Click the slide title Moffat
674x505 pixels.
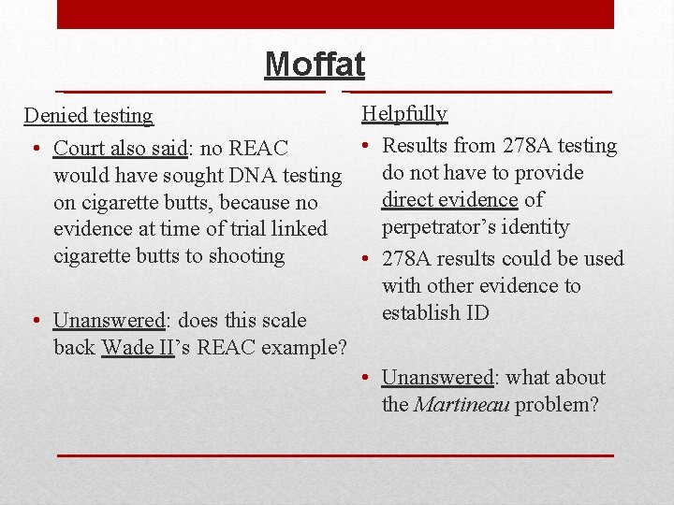[x=315, y=64]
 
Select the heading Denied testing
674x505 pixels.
[x=88, y=116]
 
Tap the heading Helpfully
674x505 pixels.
[x=404, y=114]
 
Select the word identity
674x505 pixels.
[x=535, y=227]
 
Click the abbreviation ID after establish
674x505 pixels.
[x=476, y=313]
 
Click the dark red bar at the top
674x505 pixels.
[x=335, y=14]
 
